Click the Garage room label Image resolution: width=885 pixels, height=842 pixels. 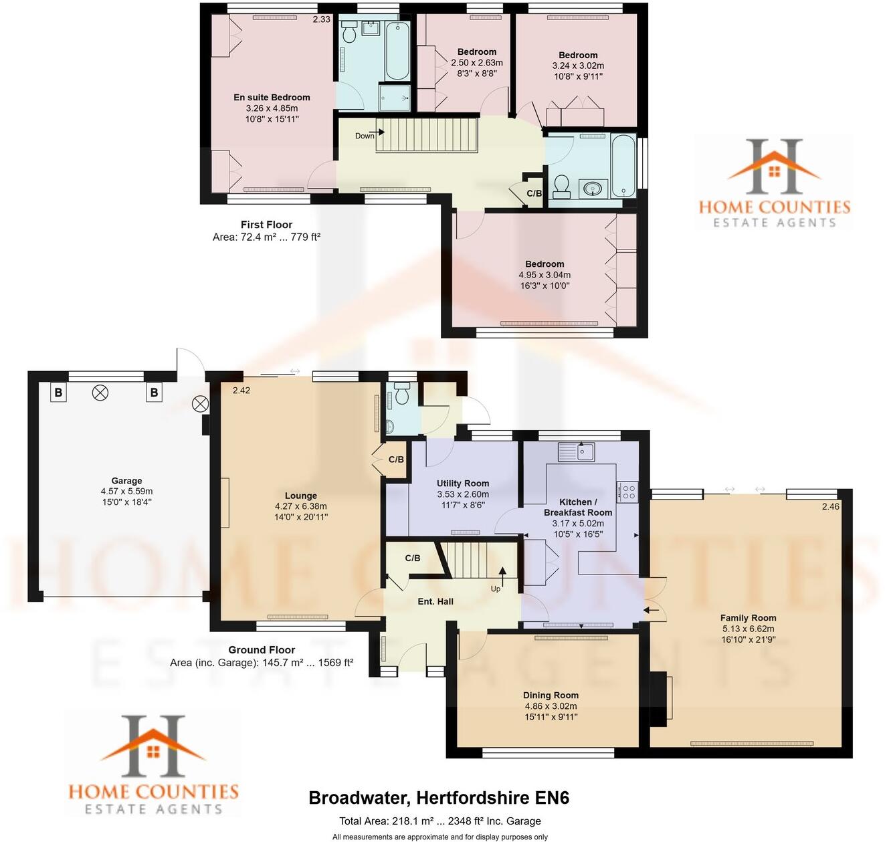coord(126,481)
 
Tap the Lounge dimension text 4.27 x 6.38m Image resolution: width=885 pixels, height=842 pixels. coord(301,506)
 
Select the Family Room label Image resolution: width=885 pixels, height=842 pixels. coord(748,618)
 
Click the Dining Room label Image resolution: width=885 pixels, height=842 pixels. coord(551,695)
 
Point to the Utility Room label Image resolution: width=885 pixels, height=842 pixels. coord(463,484)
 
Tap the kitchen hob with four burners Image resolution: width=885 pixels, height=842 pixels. coord(629,492)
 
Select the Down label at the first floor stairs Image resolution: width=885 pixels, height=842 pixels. coord(365,136)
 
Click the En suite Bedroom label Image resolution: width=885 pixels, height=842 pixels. coord(272,97)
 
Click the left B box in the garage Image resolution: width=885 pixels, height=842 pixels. coord(58,393)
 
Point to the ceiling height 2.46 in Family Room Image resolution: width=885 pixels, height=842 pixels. coord(830,507)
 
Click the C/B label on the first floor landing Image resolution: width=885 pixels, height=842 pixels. coord(534,193)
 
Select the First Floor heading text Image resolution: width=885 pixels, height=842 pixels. coord(266,225)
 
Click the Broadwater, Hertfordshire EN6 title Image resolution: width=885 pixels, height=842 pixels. coord(439,798)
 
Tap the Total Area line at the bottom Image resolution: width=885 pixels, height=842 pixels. coord(439,821)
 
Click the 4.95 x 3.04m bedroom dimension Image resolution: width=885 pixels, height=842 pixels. coord(545,275)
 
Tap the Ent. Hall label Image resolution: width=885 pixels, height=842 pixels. coord(435,601)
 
